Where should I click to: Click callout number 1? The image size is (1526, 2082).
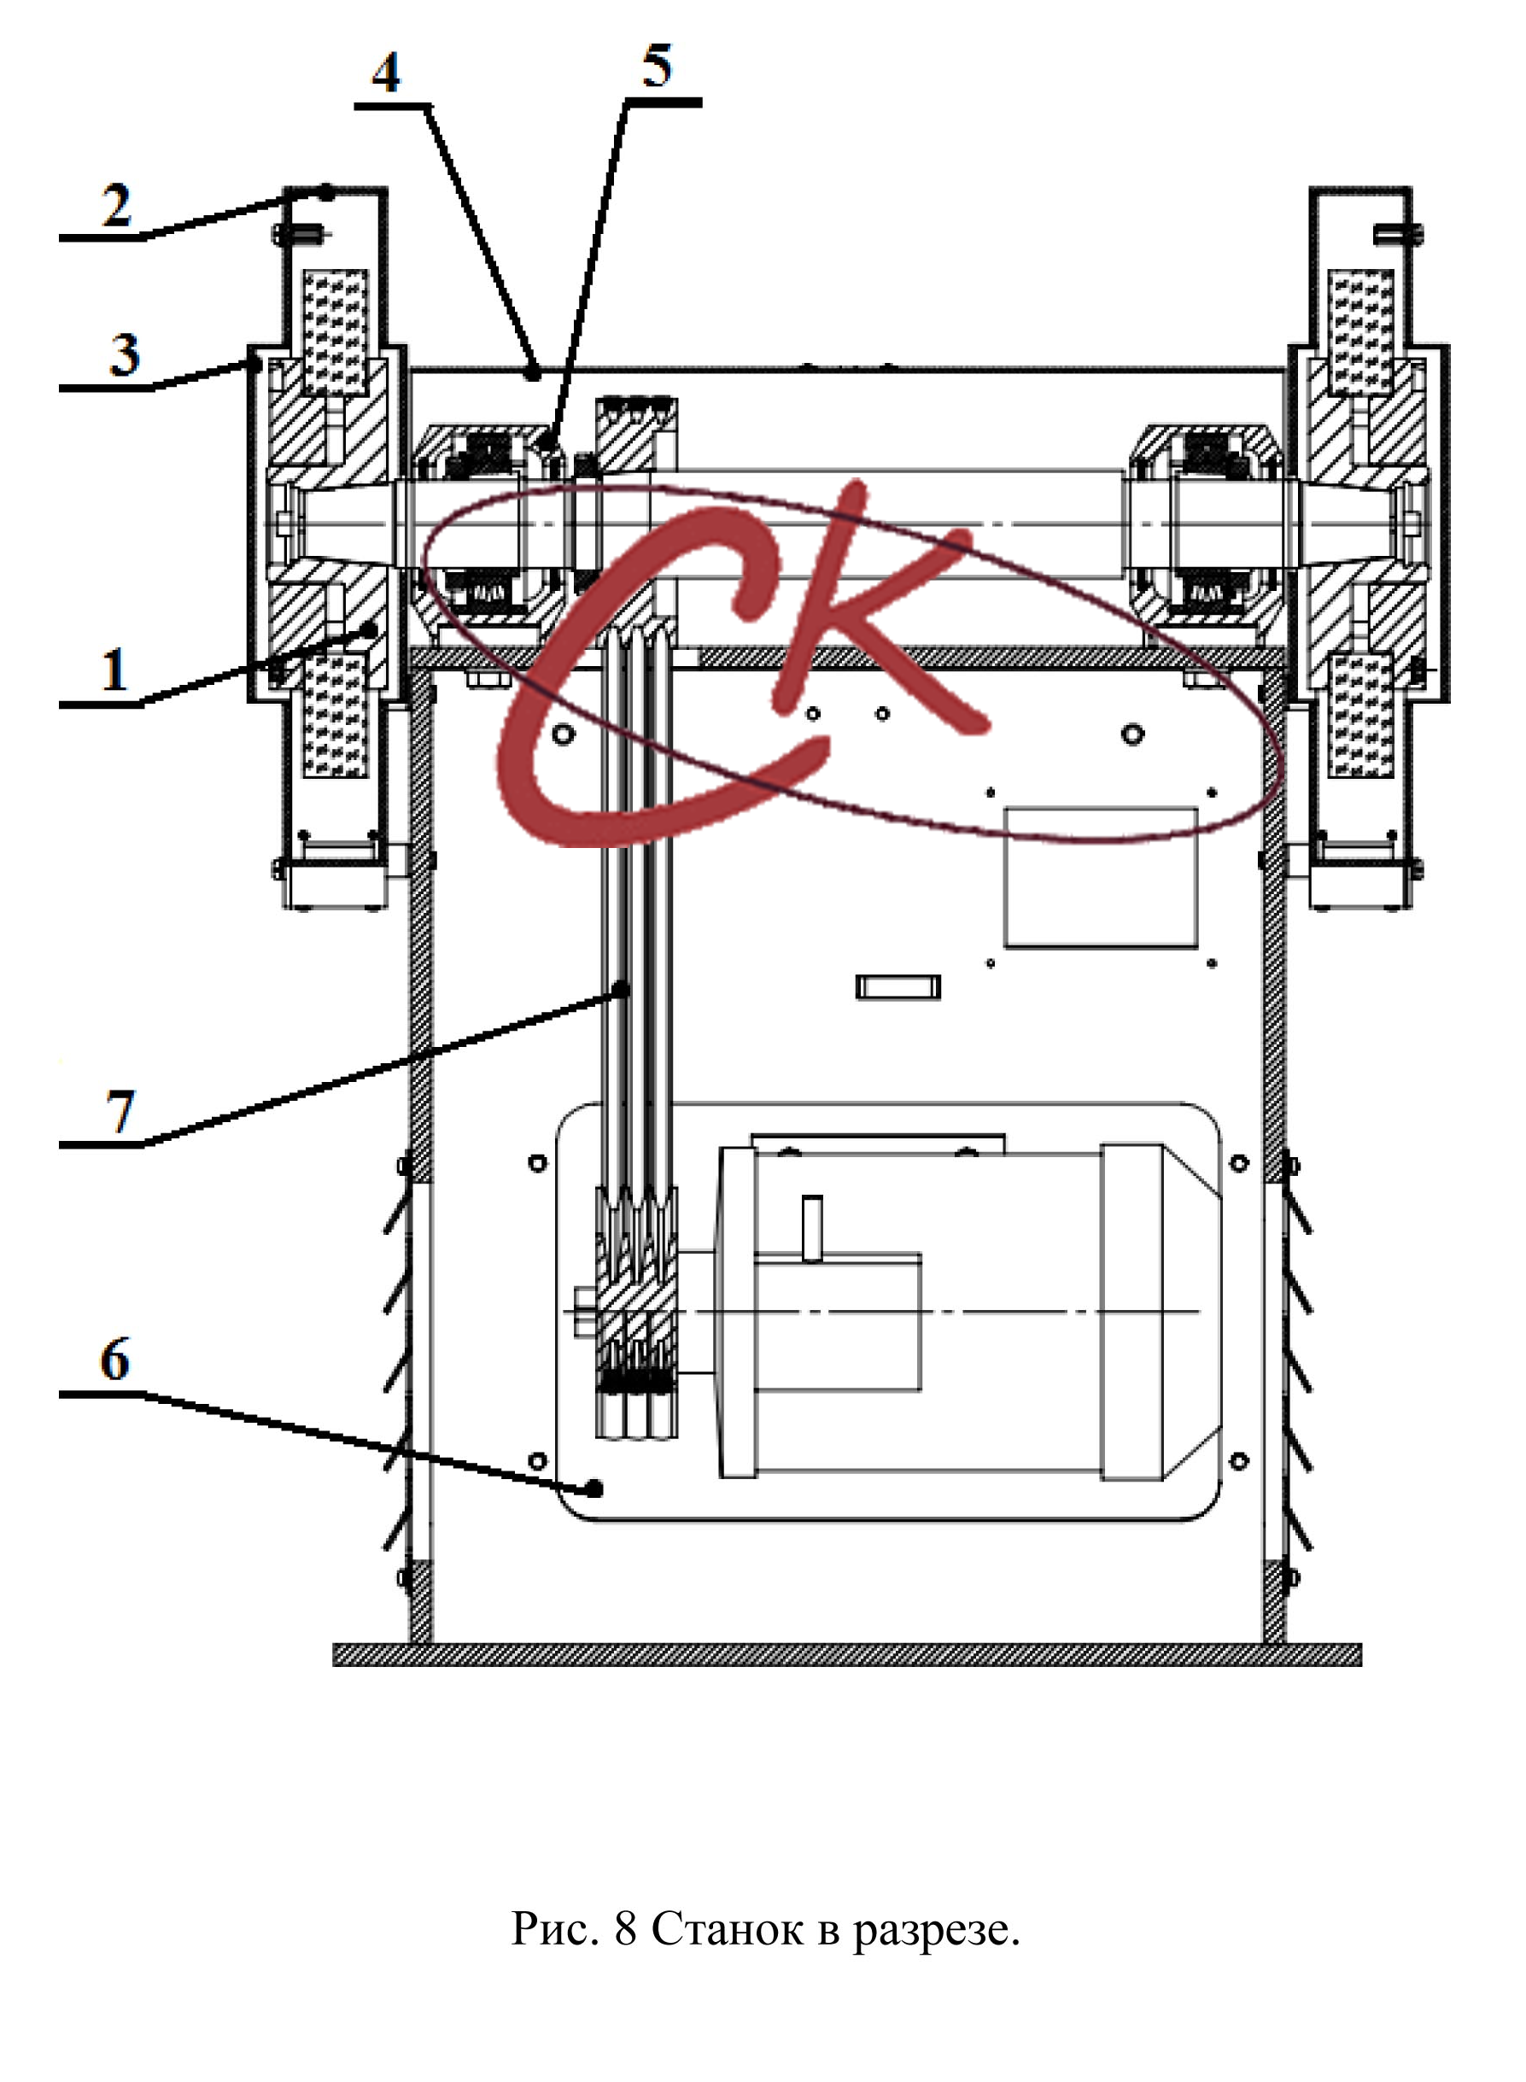114,670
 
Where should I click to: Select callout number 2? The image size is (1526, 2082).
116,205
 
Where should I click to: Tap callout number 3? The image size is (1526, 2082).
125,354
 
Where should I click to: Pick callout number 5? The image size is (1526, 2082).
657,66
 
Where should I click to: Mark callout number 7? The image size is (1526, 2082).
120,1111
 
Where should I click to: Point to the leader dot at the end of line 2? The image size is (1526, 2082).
327,192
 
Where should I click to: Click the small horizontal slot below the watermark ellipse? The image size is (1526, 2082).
897,986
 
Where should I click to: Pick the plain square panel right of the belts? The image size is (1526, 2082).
1101,878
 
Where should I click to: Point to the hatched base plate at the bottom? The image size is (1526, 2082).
847,1654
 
